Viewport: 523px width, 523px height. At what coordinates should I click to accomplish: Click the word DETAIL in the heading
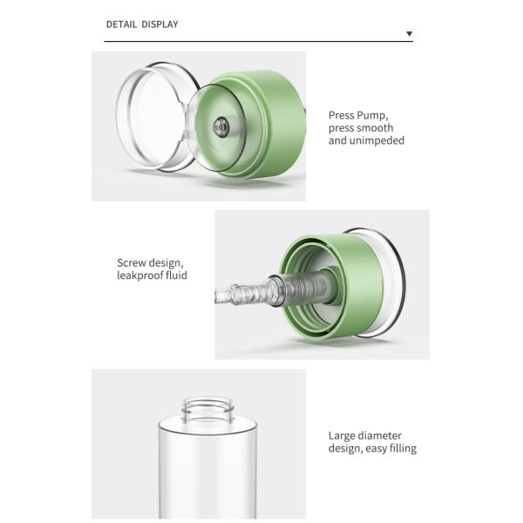coord(121,24)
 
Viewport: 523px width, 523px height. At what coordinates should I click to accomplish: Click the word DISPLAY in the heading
coord(160,24)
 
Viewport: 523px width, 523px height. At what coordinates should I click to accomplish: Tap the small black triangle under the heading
coord(410,35)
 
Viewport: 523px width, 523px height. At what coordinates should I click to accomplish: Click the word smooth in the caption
coord(376,128)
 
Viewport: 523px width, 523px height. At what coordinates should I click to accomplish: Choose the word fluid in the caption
coord(176,275)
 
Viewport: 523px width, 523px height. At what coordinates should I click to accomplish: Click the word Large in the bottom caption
coord(343,436)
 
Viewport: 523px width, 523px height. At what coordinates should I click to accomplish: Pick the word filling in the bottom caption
coord(400,449)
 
